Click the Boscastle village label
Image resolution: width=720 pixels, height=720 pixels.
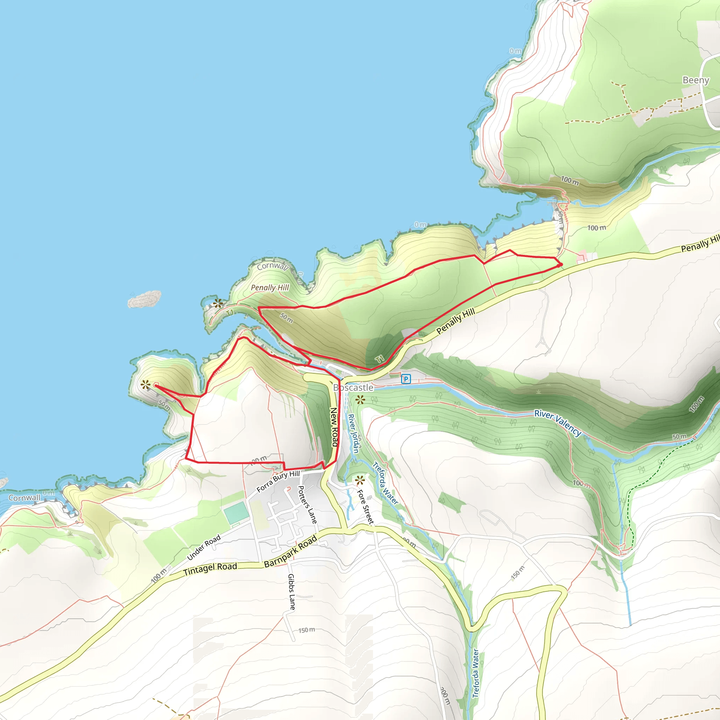pyautogui.click(x=353, y=387)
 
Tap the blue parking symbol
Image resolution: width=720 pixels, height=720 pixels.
pyautogui.click(x=406, y=379)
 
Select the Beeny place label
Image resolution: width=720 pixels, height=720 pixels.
pyautogui.click(x=695, y=80)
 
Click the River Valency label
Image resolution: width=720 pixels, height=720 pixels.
pyautogui.click(x=558, y=423)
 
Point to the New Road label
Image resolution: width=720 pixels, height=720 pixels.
pyautogui.click(x=334, y=427)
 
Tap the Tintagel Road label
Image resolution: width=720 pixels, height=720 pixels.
pyautogui.click(x=210, y=568)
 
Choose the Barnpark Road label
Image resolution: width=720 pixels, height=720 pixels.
pyautogui.click(x=290, y=551)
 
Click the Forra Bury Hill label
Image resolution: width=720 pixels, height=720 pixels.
pyautogui.click(x=278, y=481)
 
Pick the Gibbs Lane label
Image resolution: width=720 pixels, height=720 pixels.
pyautogui.click(x=292, y=592)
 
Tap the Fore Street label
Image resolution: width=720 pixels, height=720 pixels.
pyautogui.click(x=365, y=507)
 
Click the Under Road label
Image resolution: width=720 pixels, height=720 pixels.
pyautogui.click(x=204, y=547)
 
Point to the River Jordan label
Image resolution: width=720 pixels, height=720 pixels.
pyautogui.click(x=353, y=433)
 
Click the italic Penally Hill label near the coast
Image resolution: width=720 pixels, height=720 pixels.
pyautogui.click(x=270, y=288)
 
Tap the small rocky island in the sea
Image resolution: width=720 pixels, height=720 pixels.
pyautogui.click(x=144, y=299)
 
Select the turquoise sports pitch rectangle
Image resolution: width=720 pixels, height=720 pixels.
pyautogui.click(x=236, y=513)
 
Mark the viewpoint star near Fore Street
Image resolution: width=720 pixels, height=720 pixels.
pyautogui.click(x=360, y=480)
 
